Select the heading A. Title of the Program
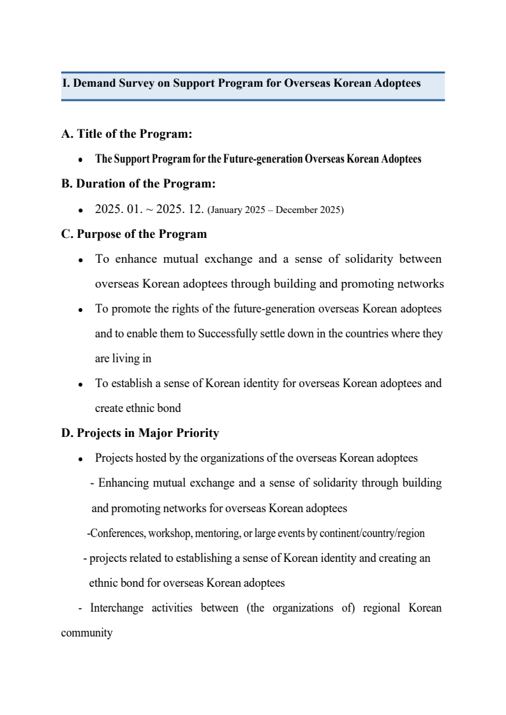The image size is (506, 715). tap(127, 134)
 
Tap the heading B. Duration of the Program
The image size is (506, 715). tap(138, 184)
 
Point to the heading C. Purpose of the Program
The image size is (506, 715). tap(134, 234)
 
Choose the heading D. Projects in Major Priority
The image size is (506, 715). tap(140, 433)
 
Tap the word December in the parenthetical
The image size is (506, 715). tap(297, 210)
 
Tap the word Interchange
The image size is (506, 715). tap(117, 608)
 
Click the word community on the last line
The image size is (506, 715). tap(87, 633)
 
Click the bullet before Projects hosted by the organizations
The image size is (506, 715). tap(80, 459)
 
